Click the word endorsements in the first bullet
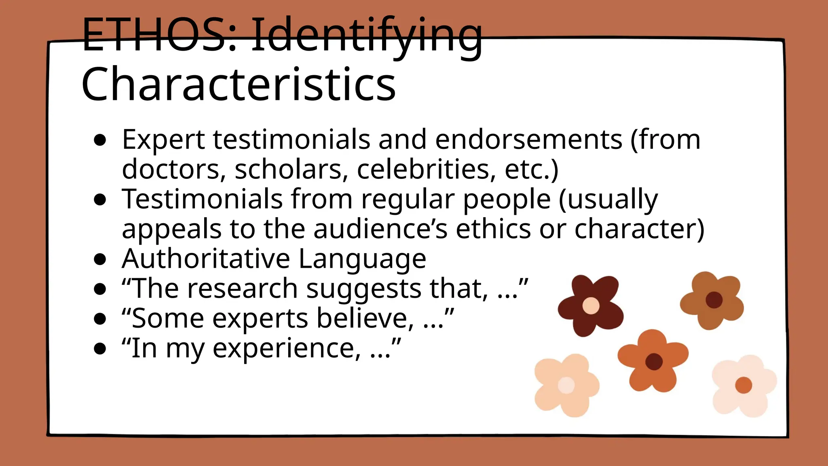pos(528,140)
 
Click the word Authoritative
pos(206,258)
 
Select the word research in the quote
pos(242,288)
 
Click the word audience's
pos(380,229)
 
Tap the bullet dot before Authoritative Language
pos(99,259)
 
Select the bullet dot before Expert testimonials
pos(99,140)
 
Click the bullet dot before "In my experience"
pos(99,349)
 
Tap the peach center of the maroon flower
pos(591,306)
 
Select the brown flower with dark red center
pos(712,300)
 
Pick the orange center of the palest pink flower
pos(743,385)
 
